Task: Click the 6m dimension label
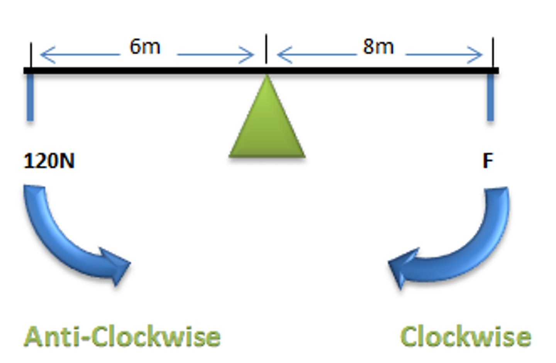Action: tap(145, 47)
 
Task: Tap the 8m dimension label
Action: tap(378, 47)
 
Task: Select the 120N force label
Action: tap(49, 161)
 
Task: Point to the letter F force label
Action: tap(488, 161)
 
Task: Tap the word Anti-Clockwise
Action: tap(122, 336)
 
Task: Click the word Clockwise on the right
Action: tap(466, 336)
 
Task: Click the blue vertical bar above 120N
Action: tap(30, 97)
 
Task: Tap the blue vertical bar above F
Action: tap(490, 97)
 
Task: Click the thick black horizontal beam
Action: tap(261, 71)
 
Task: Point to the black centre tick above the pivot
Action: tap(266, 49)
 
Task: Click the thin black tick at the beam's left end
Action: tap(31, 55)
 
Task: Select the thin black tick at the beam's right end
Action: tap(493, 53)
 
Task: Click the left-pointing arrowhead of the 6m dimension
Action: tap(47, 55)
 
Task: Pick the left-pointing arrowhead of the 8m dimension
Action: tap(285, 55)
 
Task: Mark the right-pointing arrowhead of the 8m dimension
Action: tap(475, 55)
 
